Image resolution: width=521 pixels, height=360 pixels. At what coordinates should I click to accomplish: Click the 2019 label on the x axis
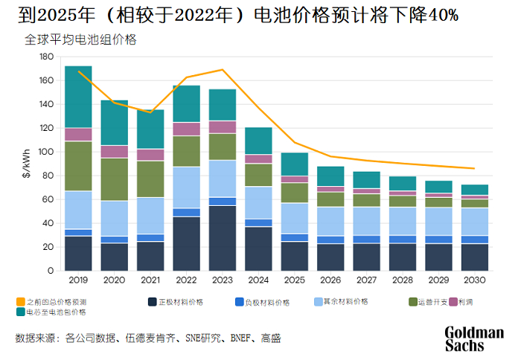point(78,280)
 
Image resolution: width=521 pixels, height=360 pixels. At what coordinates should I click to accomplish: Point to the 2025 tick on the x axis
point(295,280)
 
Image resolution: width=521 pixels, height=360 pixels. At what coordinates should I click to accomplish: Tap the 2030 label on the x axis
point(475,280)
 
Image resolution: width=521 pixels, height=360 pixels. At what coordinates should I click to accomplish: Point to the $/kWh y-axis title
point(27,164)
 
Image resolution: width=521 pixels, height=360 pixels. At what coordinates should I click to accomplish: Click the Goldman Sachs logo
point(474,338)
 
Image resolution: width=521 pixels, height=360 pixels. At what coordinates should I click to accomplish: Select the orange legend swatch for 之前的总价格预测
point(20,302)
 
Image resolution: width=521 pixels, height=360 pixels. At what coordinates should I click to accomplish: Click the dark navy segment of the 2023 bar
point(222,238)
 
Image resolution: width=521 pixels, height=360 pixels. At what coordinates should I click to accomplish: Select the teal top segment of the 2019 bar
point(78,97)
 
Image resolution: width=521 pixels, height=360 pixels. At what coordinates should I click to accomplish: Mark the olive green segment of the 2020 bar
point(114,179)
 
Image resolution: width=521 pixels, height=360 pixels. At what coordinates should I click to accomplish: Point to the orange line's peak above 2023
point(222,70)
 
